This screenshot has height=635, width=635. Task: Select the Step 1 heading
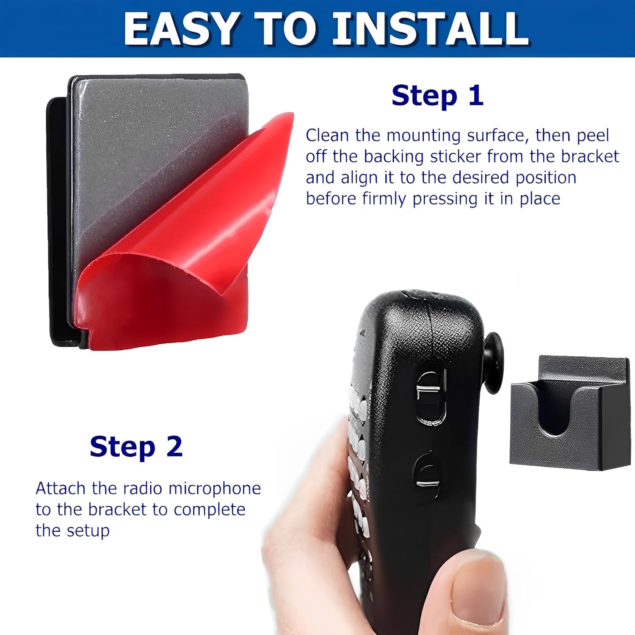[437, 96]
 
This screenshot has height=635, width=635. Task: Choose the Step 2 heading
[136, 447]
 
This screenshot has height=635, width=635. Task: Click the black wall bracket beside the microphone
[569, 413]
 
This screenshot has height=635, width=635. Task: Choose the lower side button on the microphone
[426, 475]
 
